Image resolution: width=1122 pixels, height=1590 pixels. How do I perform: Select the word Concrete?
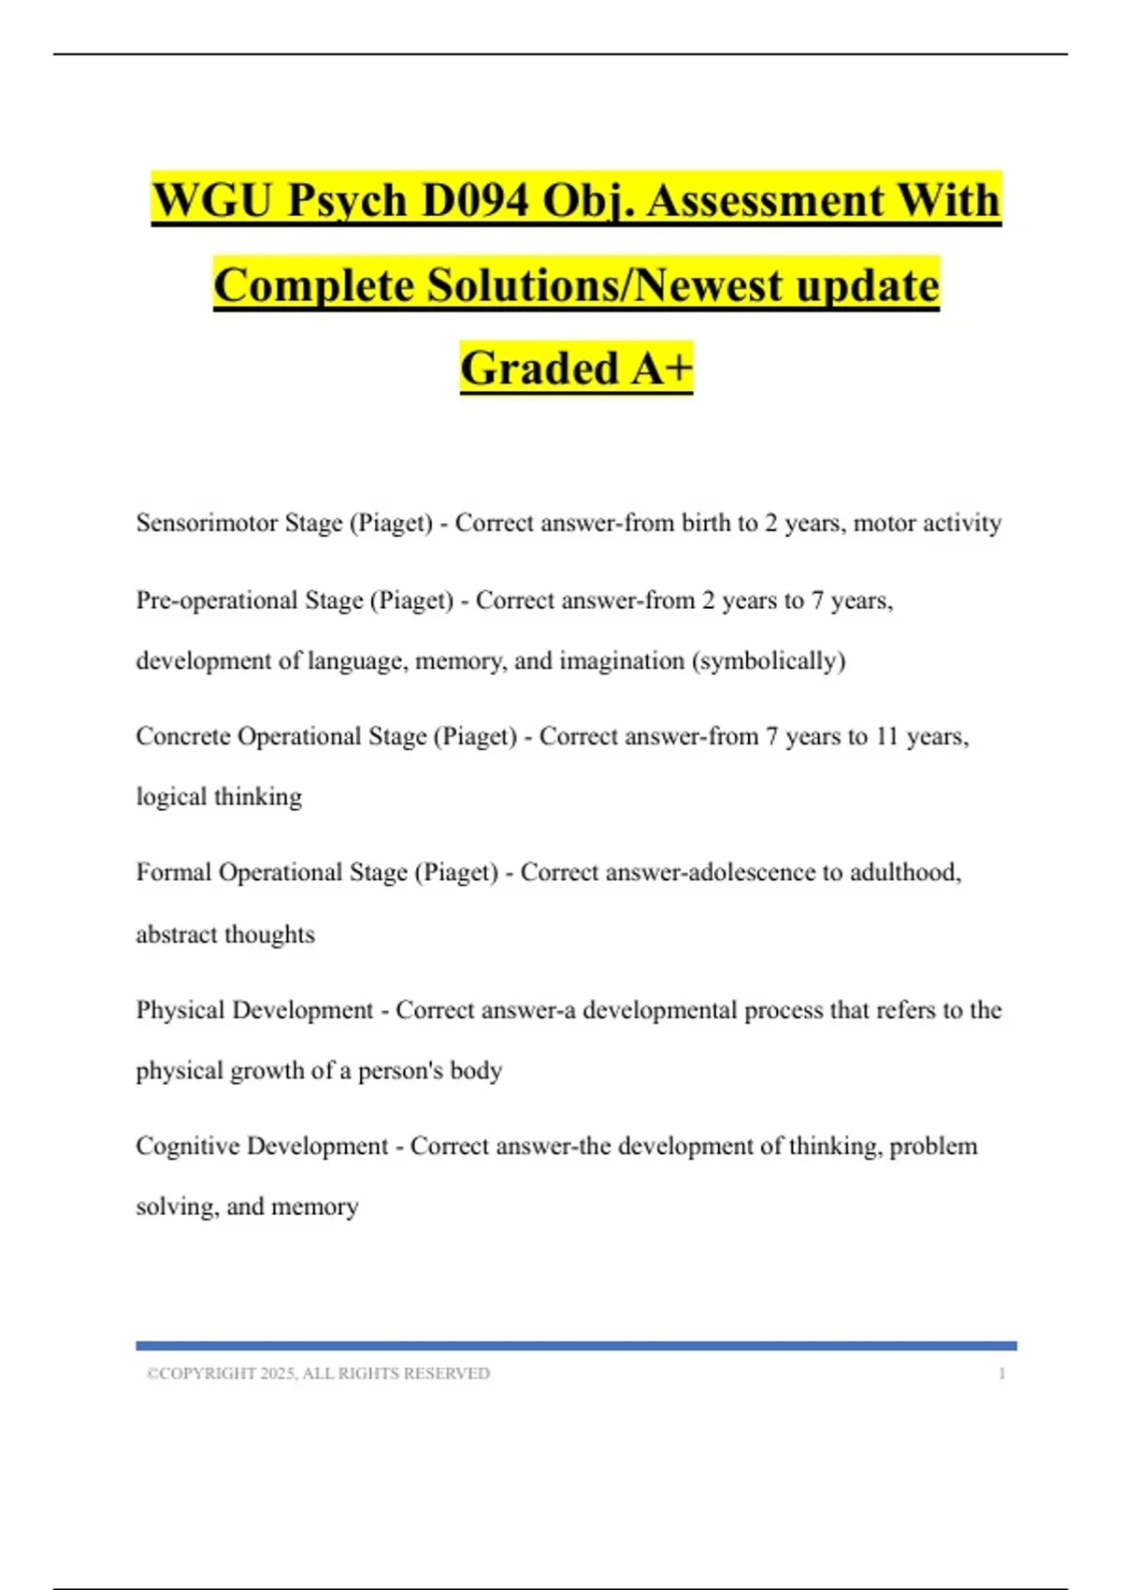point(182,736)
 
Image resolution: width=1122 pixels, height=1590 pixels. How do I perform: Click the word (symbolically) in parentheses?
point(769,661)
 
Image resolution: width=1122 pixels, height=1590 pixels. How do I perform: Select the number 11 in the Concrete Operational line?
point(885,737)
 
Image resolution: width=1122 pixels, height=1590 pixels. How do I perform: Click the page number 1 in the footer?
point(1002,1374)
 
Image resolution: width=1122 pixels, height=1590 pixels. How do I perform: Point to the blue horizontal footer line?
point(576,1346)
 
